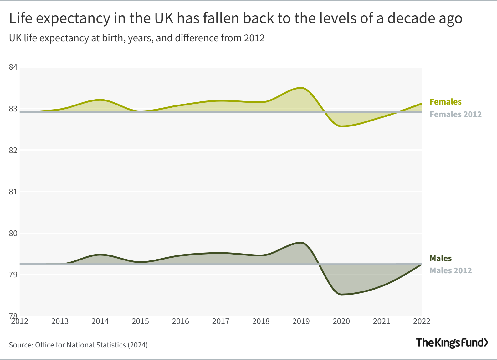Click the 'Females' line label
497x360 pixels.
click(445, 102)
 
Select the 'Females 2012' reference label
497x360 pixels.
click(455, 114)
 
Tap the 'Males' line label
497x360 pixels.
click(440, 258)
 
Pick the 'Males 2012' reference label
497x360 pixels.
click(450, 270)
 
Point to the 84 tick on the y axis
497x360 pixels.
click(13, 67)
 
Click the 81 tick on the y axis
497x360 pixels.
click(13, 192)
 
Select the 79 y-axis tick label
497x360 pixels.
click(13, 275)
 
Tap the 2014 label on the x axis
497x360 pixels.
click(100, 321)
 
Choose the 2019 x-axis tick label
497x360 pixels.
click(301, 321)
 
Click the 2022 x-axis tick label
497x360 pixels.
click(422, 321)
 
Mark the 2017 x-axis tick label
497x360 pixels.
click(221, 321)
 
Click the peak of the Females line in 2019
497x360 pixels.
click(301, 88)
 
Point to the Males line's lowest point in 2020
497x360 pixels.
click(341, 294)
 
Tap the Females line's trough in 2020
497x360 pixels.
click(341, 126)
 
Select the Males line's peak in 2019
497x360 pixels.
click(301, 243)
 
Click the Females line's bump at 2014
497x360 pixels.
click(100, 100)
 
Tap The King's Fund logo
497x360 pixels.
click(452, 343)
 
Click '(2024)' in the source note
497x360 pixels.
click(137, 345)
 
